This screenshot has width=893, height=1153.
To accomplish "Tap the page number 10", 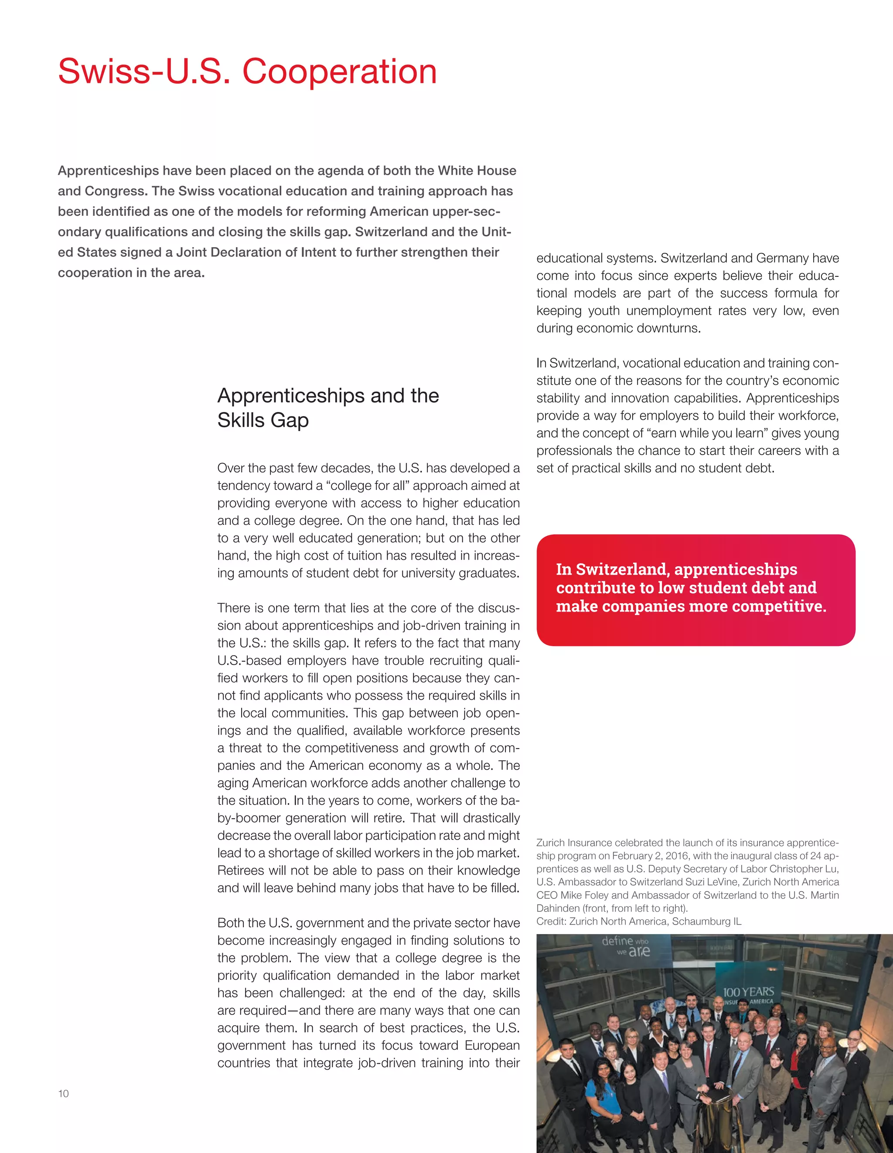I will (63, 1093).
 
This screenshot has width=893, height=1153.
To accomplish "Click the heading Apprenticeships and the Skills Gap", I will (327, 408).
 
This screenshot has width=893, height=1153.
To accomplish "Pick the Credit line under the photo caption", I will (638, 921).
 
